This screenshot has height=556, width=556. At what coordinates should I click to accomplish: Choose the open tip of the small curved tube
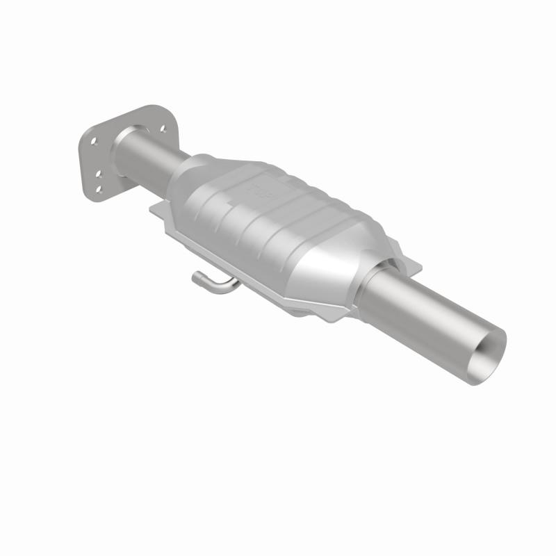pyautogui.click(x=197, y=279)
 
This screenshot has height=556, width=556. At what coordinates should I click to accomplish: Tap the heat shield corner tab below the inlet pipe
pyautogui.click(x=157, y=209)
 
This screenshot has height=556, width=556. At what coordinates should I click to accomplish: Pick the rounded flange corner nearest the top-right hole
pyautogui.click(x=170, y=119)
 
